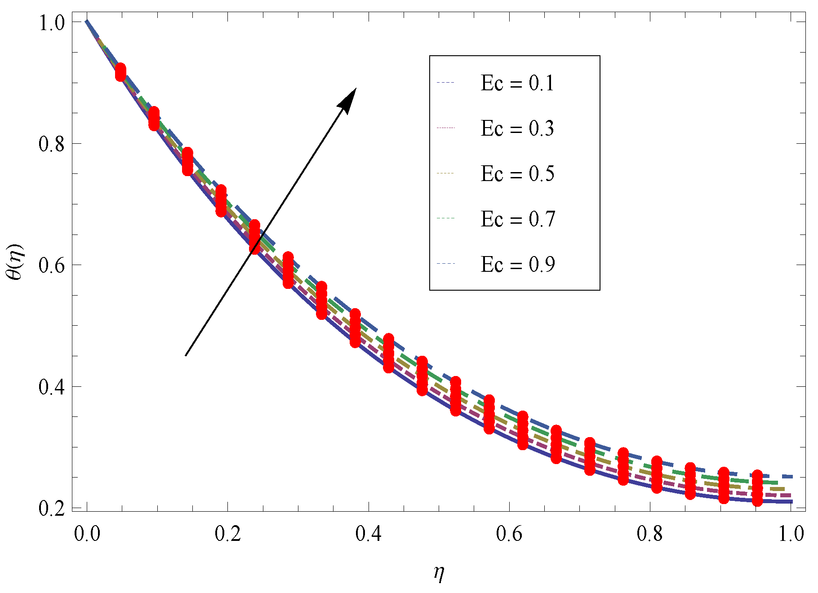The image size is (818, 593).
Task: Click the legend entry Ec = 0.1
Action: pyautogui.click(x=517, y=83)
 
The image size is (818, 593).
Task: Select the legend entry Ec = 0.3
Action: pyautogui.click(x=517, y=128)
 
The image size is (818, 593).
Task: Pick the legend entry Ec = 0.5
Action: pyautogui.click(x=517, y=174)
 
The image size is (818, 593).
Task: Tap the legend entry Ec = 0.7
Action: pyautogui.click(x=517, y=219)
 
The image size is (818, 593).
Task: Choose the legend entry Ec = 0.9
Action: pyautogui.click(x=517, y=265)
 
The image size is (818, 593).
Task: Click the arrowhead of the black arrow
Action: pyautogui.click(x=349, y=99)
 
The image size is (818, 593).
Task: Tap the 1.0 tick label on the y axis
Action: pyautogui.click(x=52, y=22)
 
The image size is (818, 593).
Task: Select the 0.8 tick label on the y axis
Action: pyautogui.click(x=52, y=144)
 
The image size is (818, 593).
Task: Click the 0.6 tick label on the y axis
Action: pyautogui.click(x=52, y=265)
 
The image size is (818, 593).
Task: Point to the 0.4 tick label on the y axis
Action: pyautogui.click(x=52, y=386)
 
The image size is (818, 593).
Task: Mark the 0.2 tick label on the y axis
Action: pyautogui.click(x=52, y=508)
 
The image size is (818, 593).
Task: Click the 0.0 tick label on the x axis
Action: pyautogui.click(x=87, y=534)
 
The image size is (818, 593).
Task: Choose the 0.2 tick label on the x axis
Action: pyautogui.click(x=228, y=534)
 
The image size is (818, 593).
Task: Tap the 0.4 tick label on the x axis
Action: pyautogui.click(x=369, y=534)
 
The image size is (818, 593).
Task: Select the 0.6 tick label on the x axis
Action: pyautogui.click(x=509, y=534)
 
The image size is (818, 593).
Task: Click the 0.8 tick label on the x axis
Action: pyautogui.click(x=650, y=534)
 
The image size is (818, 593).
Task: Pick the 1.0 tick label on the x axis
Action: pyautogui.click(x=791, y=534)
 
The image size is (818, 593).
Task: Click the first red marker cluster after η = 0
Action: pyautogui.click(x=120, y=72)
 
